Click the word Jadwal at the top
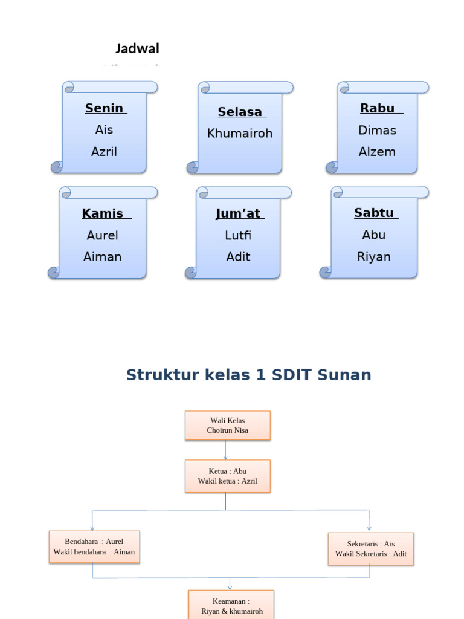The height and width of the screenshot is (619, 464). point(137,48)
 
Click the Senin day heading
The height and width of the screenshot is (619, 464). point(105,109)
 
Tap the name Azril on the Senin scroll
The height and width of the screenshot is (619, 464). point(104,152)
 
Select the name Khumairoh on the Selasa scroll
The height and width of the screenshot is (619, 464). point(240,134)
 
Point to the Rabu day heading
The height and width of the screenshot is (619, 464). point(378,109)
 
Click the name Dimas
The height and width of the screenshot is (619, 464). point(377,131)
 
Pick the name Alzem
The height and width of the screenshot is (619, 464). point(377,152)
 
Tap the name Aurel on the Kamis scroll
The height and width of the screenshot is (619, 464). point(103,236)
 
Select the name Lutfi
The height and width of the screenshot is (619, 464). point(238,236)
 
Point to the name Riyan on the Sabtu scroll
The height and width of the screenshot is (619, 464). point(374,257)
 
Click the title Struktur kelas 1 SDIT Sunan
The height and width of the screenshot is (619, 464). point(248,375)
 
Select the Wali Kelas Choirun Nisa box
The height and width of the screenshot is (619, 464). point(227,426)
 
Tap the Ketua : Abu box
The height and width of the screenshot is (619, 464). point(227,476)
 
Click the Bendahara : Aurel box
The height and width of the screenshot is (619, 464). point(94,547)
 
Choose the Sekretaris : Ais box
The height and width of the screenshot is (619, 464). point(371,549)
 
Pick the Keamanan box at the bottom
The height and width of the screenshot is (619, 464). point(231,606)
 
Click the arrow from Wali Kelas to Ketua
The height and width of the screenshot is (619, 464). point(226,450)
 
